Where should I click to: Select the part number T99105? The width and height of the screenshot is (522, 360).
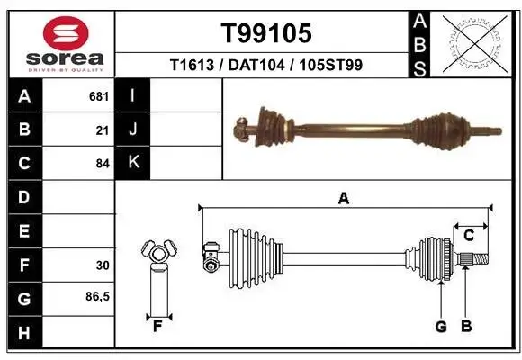(266, 33)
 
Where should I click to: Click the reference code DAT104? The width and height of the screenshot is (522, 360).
(265, 65)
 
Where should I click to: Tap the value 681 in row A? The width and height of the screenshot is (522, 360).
(99, 95)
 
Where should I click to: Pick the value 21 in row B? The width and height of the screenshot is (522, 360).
(103, 130)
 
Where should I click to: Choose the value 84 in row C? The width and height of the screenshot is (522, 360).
(103, 164)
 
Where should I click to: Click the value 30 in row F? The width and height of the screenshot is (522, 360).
(103, 265)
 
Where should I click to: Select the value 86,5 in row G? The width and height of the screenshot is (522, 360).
(98, 296)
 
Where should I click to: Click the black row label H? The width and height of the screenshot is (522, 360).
(23, 334)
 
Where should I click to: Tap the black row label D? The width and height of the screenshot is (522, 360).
(23, 197)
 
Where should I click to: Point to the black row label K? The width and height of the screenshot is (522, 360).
(134, 164)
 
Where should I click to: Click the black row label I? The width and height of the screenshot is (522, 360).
(133, 95)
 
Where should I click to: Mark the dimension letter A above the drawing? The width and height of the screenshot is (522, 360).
(343, 200)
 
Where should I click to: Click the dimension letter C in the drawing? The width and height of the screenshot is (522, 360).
(469, 236)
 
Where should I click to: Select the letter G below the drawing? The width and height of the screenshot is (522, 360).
(441, 327)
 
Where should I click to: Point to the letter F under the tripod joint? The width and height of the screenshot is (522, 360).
(157, 327)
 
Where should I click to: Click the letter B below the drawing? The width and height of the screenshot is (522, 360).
(465, 327)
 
